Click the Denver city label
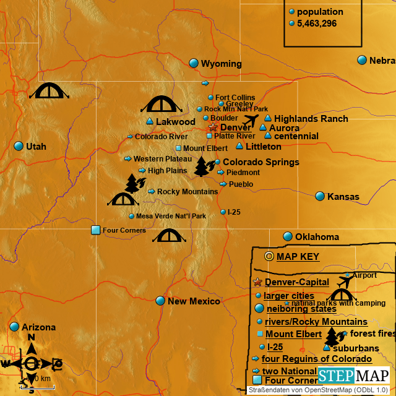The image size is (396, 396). point(236,127)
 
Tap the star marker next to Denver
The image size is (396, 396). point(213,127)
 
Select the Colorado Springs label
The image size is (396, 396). point(260,162)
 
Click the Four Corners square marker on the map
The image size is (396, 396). point(96,230)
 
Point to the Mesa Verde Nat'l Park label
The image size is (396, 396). point(171,216)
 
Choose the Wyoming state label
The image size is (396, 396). point(221,64)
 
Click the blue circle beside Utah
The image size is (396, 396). point(19,147)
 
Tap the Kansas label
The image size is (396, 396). point(343,197)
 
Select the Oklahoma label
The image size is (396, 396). point(317,237)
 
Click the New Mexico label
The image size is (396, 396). point(194,301)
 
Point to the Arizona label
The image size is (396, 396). point(38,327)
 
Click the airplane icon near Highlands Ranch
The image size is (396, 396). point(251,119)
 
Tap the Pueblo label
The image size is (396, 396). point(241,184)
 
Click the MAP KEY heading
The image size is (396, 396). point(298,256)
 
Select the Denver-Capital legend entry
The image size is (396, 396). point(297,282)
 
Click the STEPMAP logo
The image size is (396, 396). point(354,375)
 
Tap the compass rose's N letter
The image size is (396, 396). point(31,337)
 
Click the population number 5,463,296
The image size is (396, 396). point(316,24)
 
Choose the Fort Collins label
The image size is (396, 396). point(235,98)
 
